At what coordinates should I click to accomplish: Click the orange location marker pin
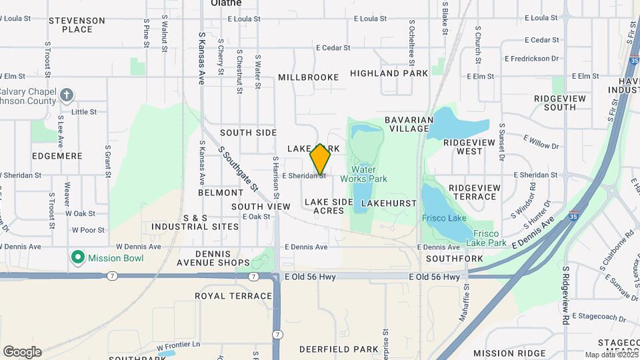(321, 159)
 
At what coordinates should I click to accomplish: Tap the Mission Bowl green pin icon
(78, 257)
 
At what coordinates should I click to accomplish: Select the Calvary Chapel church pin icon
(66, 95)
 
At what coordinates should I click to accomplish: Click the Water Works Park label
(363, 174)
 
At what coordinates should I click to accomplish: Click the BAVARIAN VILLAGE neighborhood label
(409, 125)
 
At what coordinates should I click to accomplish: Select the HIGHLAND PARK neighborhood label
(389, 73)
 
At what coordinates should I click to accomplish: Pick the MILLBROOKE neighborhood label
(309, 77)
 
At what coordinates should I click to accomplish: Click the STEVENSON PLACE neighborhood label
(77, 25)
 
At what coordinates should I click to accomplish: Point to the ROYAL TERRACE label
(233, 296)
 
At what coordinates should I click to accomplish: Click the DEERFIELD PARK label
(329, 349)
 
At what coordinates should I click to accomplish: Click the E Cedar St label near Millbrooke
(333, 48)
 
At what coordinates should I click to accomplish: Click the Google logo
(22, 351)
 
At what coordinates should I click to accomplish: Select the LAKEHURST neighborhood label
(385, 202)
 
